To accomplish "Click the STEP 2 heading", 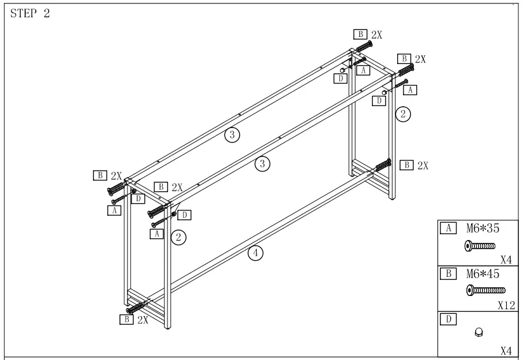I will [30, 14].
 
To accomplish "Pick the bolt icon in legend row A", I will [480, 246].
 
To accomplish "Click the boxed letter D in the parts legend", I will [447, 318].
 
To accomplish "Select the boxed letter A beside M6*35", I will [447, 228].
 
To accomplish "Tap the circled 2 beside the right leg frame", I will [403, 114].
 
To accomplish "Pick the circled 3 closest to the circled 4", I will [263, 164].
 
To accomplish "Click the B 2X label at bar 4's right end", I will [414, 165].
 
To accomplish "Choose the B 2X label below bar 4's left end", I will [134, 319].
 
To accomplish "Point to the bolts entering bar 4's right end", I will [383, 166].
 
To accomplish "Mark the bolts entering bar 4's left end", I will [136, 307].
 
